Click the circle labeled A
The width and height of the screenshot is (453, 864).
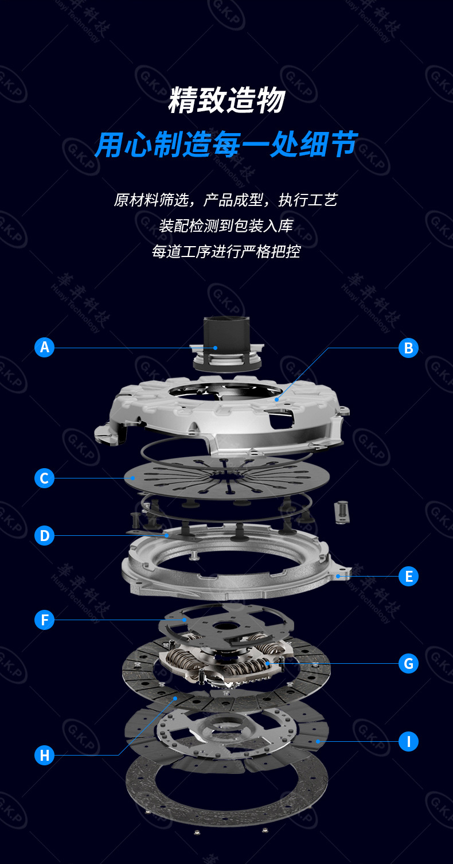(44, 347)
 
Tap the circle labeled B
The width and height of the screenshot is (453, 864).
(408, 348)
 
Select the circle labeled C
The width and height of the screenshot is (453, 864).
(44, 478)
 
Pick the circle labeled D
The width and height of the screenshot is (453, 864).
(44, 535)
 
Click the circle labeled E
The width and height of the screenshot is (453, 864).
(408, 576)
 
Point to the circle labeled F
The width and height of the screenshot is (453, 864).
(44, 620)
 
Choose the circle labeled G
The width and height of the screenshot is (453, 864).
(408, 664)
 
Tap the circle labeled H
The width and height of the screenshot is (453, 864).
(44, 755)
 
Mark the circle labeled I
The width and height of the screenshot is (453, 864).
(408, 741)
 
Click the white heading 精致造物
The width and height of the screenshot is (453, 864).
(226, 101)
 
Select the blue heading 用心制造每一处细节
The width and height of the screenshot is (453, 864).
(226, 144)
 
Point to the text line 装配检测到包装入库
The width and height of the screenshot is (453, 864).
(226, 225)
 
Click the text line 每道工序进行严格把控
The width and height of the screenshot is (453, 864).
(226, 251)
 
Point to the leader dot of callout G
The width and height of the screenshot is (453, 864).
(267, 664)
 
